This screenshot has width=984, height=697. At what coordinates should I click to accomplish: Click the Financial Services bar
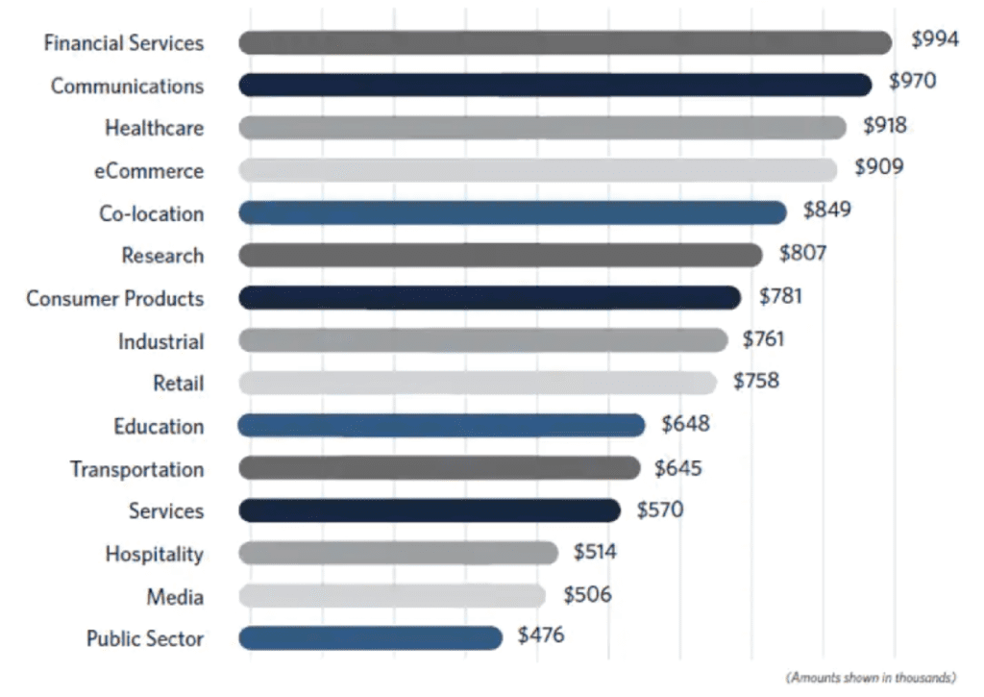coord(565,42)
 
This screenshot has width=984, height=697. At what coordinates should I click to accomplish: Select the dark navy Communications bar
coord(554,85)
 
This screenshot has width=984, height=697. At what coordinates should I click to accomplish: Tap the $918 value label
coord(884,125)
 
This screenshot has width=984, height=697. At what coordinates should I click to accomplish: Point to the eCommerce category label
coord(149,170)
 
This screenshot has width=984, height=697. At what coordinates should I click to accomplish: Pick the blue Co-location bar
coord(512,212)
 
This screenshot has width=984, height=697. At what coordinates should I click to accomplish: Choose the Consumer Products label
coord(115,298)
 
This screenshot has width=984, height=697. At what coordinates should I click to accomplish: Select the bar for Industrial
coord(482,340)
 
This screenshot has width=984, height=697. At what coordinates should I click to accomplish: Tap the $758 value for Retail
coord(756,381)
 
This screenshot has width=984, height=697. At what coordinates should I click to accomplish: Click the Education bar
coord(441,425)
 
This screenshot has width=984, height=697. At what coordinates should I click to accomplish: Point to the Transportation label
coord(136,469)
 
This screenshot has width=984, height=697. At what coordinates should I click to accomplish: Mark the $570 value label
coord(659,509)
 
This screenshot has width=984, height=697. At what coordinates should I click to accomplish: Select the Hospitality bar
coord(398,553)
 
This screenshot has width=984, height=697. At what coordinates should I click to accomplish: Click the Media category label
coord(175,597)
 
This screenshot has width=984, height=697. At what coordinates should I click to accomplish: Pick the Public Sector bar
coord(370,638)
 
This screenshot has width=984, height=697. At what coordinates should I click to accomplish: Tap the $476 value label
coord(541,635)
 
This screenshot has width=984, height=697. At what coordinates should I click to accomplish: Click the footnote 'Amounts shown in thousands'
coord(871,678)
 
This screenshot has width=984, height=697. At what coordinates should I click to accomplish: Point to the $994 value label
coord(935,40)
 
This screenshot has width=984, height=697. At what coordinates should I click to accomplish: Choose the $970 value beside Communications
coord(912,82)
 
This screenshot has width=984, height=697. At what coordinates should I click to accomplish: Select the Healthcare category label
coord(154,128)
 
